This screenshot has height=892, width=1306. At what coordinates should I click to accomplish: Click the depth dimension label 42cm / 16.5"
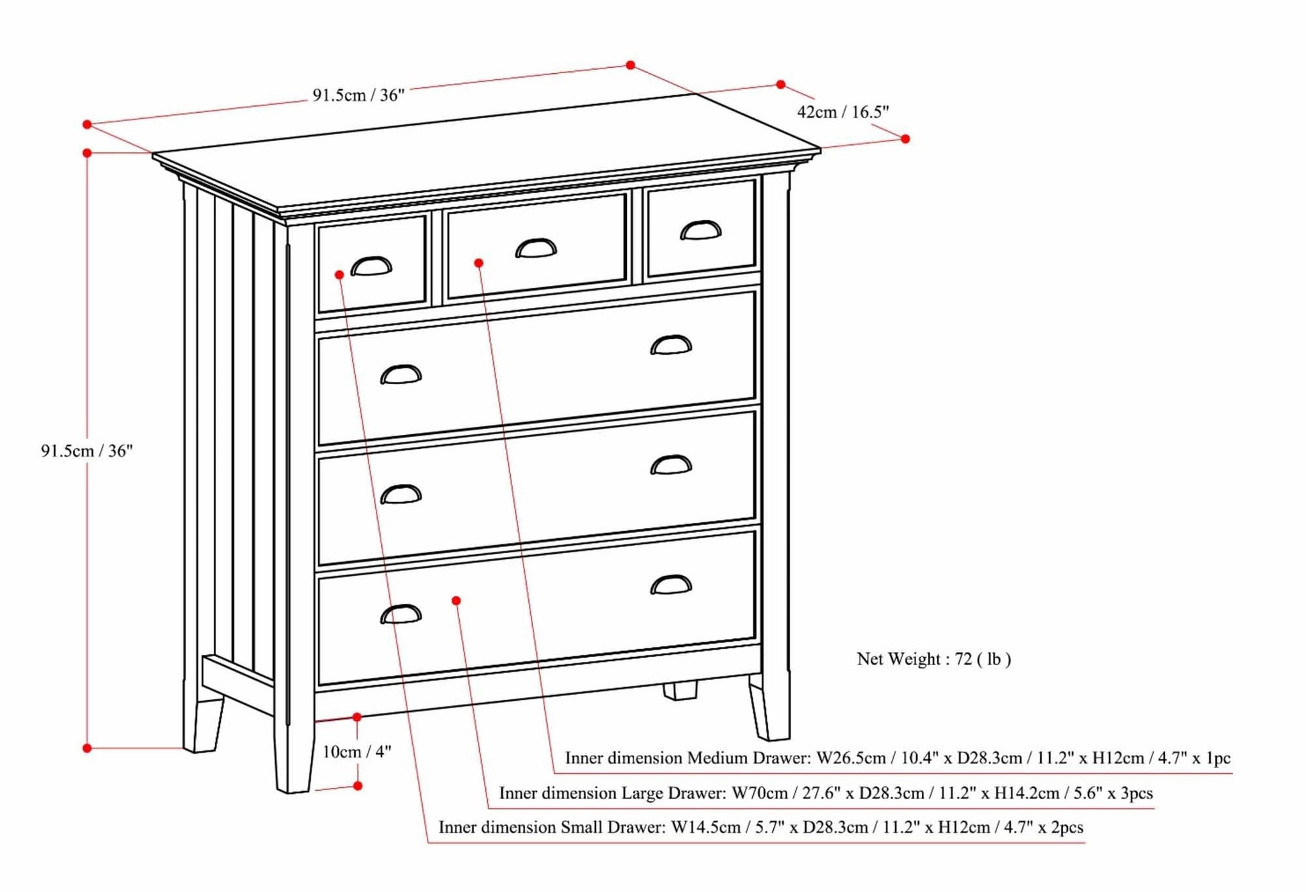point(842,112)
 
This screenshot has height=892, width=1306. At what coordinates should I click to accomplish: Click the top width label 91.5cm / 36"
point(358,95)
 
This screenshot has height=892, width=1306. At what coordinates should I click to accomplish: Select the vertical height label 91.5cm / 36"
point(87,451)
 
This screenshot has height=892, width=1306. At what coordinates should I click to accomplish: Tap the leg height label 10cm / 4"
point(356,752)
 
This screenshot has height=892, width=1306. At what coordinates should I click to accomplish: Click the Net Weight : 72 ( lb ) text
point(934,659)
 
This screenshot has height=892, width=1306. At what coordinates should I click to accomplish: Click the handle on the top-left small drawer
point(371,266)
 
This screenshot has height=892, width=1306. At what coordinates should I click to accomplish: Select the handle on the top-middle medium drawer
point(536,248)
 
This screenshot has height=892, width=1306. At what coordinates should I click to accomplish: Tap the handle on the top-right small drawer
point(701,230)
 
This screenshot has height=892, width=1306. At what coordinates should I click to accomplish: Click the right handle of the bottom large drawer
point(670,585)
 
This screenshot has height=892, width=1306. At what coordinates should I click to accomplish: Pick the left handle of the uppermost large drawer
point(401,375)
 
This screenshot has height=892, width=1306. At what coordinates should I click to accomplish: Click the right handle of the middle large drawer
point(670,465)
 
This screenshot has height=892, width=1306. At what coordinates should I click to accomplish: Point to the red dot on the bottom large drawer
point(456,601)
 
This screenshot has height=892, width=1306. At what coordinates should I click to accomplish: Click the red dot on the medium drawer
point(479,263)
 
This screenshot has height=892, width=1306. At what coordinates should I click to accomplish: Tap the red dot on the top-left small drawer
point(340,275)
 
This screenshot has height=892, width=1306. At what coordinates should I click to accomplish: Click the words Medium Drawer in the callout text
point(748,758)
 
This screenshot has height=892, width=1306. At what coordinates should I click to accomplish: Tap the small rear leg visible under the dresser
point(680,691)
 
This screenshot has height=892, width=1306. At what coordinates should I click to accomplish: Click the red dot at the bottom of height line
point(87,748)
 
